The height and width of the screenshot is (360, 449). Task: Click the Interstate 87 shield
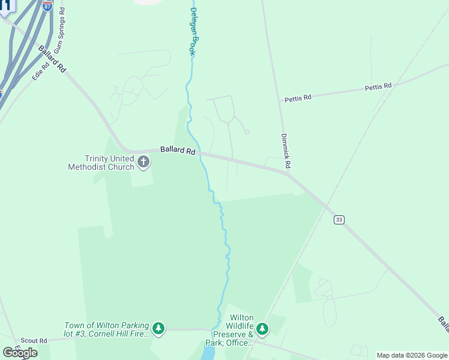(x=47, y=6)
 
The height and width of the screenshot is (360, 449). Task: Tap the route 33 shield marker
(x=339, y=220)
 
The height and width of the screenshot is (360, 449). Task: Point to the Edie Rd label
(x=40, y=71)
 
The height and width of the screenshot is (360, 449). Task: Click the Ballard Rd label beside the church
(x=178, y=151)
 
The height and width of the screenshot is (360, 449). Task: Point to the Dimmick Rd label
(x=286, y=151)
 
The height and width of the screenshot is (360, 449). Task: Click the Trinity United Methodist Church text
(x=109, y=163)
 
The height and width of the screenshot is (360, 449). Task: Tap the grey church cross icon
(x=143, y=161)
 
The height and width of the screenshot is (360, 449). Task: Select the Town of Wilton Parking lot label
(x=106, y=329)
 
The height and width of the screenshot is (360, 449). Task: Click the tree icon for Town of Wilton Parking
(x=158, y=328)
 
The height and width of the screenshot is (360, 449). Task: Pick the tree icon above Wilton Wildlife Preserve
(x=262, y=328)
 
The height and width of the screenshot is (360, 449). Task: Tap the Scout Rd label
(x=34, y=340)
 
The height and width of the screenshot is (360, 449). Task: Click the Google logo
(x=20, y=353)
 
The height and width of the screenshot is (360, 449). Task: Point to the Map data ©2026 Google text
(x=412, y=355)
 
